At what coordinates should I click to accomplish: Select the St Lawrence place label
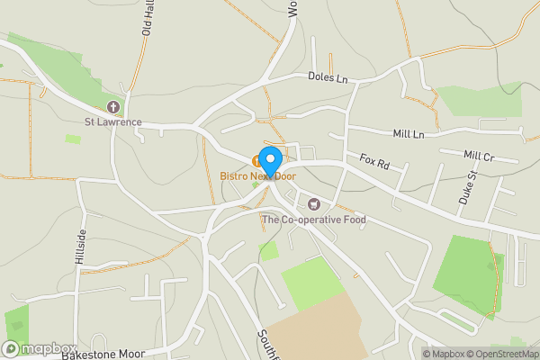(x=113, y=121)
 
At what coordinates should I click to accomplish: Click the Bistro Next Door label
(x=258, y=176)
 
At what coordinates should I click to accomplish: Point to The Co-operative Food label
(x=313, y=219)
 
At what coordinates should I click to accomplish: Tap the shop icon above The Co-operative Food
(x=314, y=204)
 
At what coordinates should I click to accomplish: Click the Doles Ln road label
(x=327, y=79)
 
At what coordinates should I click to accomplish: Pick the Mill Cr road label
(x=479, y=156)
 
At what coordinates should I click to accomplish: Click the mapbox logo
(x=40, y=348)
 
